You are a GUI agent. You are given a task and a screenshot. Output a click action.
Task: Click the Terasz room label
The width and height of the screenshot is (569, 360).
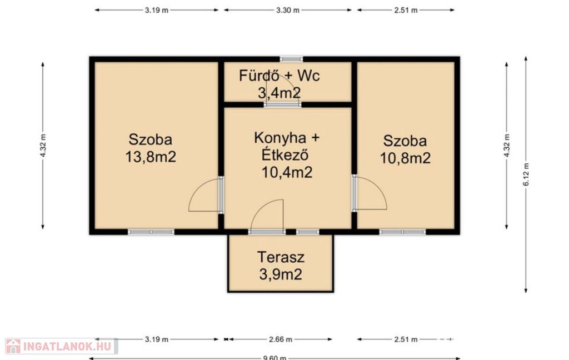click(x=281, y=257)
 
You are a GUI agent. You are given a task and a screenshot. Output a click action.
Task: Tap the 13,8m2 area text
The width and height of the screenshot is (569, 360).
click(x=151, y=157)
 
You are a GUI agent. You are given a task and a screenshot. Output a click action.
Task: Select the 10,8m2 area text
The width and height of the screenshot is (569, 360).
click(x=405, y=158)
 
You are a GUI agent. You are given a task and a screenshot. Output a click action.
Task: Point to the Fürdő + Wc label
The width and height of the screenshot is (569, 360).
click(x=279, y=76)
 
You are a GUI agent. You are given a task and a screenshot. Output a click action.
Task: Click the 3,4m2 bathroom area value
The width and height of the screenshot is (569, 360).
click(x=279, y=93)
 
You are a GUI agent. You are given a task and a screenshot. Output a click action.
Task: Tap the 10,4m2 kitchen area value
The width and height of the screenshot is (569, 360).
click(x=287, y=172)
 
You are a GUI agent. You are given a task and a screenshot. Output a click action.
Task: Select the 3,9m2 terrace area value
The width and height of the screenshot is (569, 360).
click(x=281, y=274)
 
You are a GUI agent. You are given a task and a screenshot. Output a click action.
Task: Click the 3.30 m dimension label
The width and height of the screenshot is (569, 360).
click(x=288, y=10)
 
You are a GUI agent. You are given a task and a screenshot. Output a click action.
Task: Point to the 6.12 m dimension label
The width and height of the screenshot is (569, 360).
click(x=526, y=174)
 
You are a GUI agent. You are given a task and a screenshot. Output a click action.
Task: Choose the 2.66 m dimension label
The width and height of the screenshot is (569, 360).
click(x=281, y=339)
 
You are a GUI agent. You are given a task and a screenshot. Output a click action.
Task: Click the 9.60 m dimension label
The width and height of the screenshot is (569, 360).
click(x=274, y=358)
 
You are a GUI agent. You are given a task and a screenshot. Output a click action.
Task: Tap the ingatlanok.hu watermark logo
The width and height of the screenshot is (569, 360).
click(x=61, y=346)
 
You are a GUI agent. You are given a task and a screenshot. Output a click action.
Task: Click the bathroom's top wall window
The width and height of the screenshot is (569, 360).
click(x=291, y=59)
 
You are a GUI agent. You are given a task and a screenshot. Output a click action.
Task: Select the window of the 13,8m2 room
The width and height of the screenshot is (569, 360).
click(x=151, y=232)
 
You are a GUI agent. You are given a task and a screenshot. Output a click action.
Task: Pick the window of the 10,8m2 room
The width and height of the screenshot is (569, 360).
click(x=402, y=232)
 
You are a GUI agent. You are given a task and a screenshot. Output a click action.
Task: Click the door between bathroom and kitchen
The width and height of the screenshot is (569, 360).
click(x=283, y=104)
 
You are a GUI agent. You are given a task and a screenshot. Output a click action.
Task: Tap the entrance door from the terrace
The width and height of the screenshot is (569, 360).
click(x=267, y=232)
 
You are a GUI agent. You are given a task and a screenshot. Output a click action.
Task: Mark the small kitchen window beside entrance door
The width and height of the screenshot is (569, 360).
click(x=307, y=232)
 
